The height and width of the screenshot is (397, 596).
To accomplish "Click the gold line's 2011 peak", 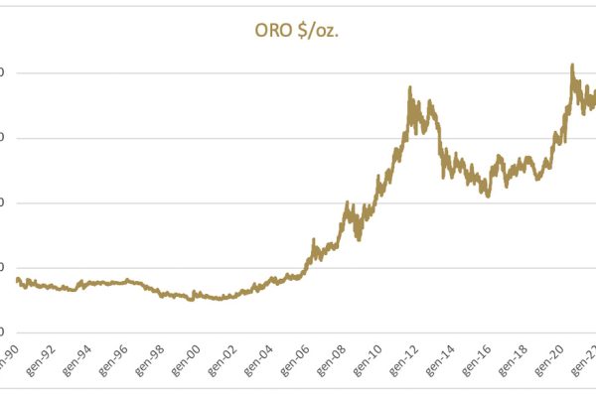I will pos(411,87).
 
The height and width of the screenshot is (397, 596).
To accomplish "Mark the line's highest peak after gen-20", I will pos(572,66).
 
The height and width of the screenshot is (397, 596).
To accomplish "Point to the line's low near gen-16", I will pos(488,196).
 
